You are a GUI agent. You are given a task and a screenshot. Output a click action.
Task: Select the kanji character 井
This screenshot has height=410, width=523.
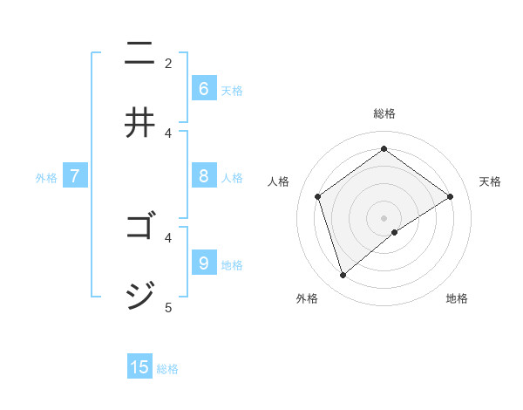(140, 123)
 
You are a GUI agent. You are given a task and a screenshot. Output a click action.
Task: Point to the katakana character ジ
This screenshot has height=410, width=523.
(140, 297)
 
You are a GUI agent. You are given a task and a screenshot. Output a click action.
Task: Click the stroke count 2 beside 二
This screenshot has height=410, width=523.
(168, 63)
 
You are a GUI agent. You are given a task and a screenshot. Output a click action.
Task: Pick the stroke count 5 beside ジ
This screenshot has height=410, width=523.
(168, 307)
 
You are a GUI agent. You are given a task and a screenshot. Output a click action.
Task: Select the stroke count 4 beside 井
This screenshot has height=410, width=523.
(168, 133)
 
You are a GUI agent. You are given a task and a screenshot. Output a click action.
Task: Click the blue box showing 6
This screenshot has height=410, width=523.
(203, 89)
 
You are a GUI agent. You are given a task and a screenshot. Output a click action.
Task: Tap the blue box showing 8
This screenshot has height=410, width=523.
(203, 176)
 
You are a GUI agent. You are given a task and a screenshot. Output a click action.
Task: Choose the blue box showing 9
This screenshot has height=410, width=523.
(203, 263)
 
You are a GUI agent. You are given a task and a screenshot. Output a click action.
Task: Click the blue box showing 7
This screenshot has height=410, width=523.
(75, 176)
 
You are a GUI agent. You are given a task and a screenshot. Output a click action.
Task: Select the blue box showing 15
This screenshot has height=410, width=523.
(139, 367)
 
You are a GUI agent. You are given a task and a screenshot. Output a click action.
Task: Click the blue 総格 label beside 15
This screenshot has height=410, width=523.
(167, 369)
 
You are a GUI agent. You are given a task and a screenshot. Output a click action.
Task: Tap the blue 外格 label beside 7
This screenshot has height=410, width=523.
(46, 178)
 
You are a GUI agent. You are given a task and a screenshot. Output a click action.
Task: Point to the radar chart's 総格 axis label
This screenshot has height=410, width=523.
(384, 113)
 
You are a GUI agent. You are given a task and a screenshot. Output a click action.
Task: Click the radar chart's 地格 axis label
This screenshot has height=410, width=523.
(457, 298)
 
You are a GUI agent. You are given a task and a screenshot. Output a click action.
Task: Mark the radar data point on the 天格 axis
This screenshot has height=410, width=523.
(451, 196)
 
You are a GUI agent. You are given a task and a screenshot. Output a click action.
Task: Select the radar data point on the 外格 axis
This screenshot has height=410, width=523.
(343, 276)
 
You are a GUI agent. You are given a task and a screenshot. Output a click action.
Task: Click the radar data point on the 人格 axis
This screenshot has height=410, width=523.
(318, 196)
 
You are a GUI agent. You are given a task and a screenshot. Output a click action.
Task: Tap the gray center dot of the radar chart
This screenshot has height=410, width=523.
(384, 217)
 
